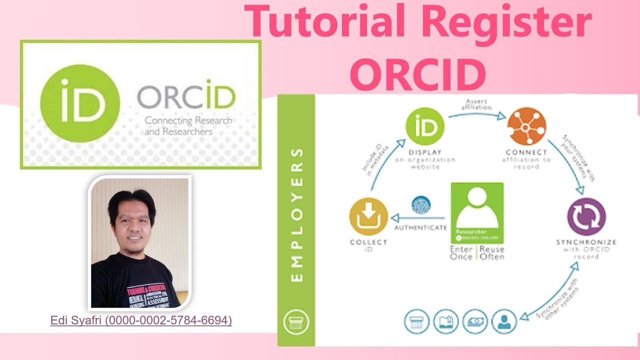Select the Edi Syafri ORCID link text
141,320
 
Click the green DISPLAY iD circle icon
424,128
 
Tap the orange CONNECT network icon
526,126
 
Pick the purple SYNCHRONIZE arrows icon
586,217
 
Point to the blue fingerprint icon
420,205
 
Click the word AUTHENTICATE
420,228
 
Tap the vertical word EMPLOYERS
296,214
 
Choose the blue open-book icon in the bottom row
445,322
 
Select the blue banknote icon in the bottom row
474,322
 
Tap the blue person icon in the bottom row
503,322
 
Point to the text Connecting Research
188,120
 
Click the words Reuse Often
492,253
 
